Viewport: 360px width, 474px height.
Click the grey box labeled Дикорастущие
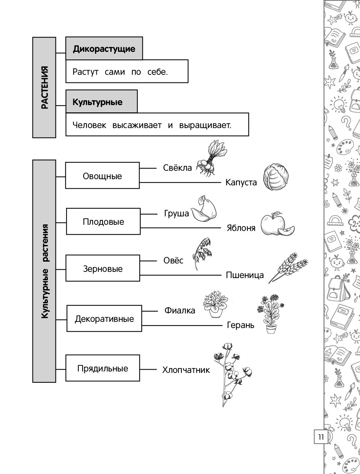[x=104, y=49]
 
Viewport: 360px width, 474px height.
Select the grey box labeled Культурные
[x=102, y=101]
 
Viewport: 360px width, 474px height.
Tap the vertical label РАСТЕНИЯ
[x=45, y=87]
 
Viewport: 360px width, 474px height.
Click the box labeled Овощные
[x=103, y=176]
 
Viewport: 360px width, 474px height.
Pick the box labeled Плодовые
[x=103, y=221]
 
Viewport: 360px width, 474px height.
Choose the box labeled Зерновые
[x=103, y=268]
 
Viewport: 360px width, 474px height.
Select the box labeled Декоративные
[x=104, y=319]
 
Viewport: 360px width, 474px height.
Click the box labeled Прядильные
[x=103, y=368]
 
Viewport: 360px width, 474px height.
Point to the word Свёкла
[x=177, y=168]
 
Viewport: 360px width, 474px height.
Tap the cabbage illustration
[x=276, y=177]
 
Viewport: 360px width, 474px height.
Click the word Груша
[x=177, y=213]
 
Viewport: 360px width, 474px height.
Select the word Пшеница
[x=245, y=275]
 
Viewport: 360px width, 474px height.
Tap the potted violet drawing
[x=215, y=304]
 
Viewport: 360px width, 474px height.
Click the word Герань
[x=241, y=325]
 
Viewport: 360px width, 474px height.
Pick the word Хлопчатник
[x=186, y=370]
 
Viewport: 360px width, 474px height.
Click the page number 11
[x=321, y=437]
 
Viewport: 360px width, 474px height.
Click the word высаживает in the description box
[x=137, y=125]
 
